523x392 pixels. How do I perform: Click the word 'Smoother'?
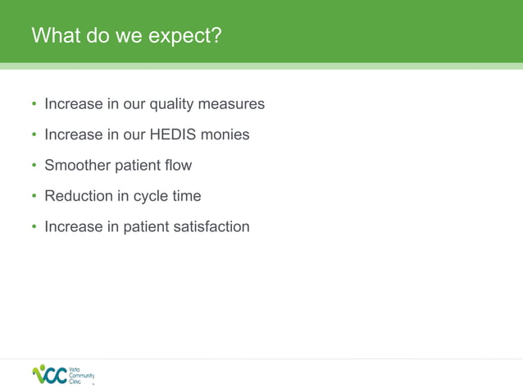(76, 165)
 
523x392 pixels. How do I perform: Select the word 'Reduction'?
(78, 196)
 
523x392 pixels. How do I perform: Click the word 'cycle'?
(148, 197)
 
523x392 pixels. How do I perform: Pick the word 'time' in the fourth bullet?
(185, 196)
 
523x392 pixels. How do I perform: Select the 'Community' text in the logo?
(84, 376)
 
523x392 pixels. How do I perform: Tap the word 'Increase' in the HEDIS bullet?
(73, 134)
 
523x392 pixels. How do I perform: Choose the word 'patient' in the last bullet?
(145, 226)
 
